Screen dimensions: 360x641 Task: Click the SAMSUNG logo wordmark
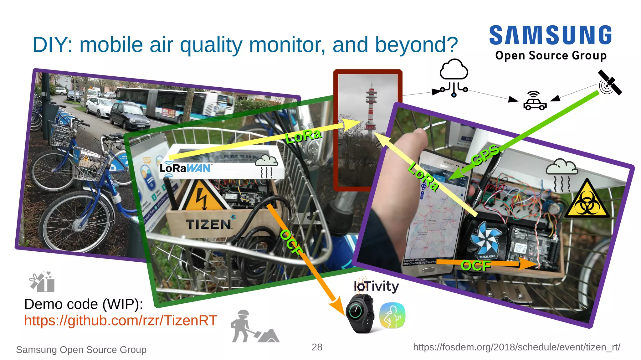pos(551,35)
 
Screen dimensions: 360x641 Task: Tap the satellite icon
pos(609,83)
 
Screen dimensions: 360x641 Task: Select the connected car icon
pos(535,101)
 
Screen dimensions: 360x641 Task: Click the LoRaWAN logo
pos(185,168)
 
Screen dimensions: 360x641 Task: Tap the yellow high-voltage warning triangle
pos(204,197)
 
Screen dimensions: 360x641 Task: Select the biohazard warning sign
pos(587,200)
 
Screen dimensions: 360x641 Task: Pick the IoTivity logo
pos(376,285)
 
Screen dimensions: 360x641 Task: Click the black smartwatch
pos(359,313)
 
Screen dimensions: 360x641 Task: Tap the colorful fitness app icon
pos(392,315)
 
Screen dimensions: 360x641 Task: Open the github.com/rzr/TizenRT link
pos(121,321)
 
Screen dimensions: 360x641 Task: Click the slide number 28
pos(317,347)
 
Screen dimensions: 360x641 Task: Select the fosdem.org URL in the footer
pos(516,347)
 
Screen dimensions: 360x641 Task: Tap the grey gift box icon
pos(42,281)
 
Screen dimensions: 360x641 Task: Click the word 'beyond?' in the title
pos(416,45)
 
